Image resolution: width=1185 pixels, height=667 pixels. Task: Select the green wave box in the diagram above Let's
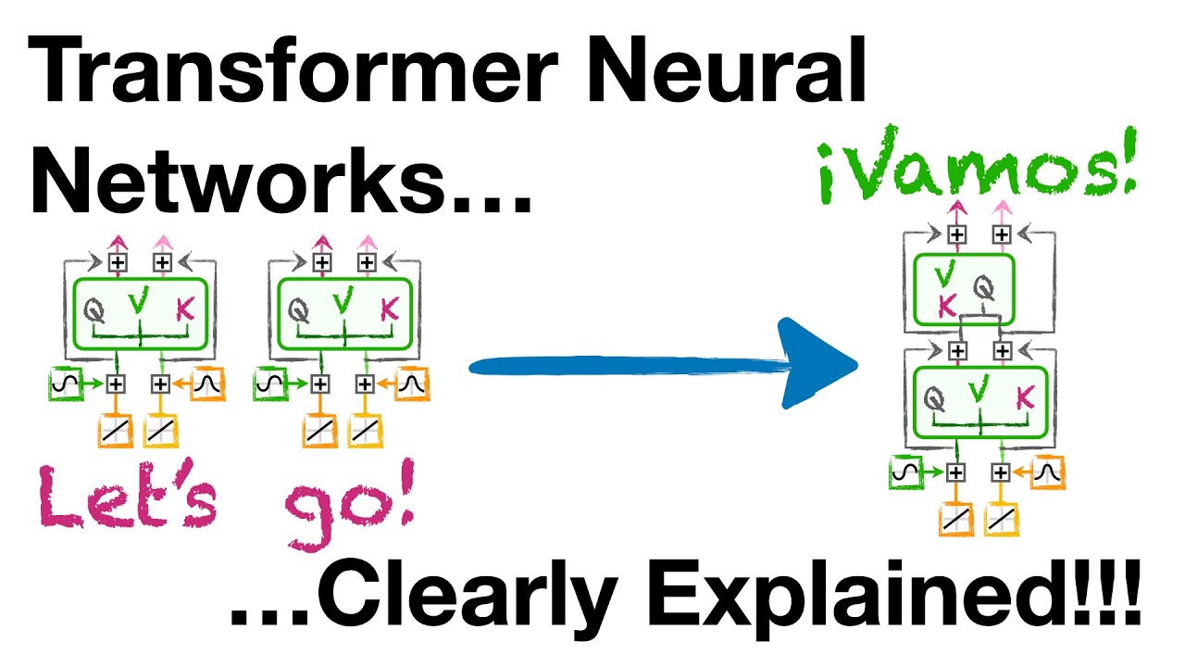[64, 383]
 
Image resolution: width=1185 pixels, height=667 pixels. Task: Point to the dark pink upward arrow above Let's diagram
[118, 243]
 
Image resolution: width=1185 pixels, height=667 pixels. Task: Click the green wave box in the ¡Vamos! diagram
[904, 472]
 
